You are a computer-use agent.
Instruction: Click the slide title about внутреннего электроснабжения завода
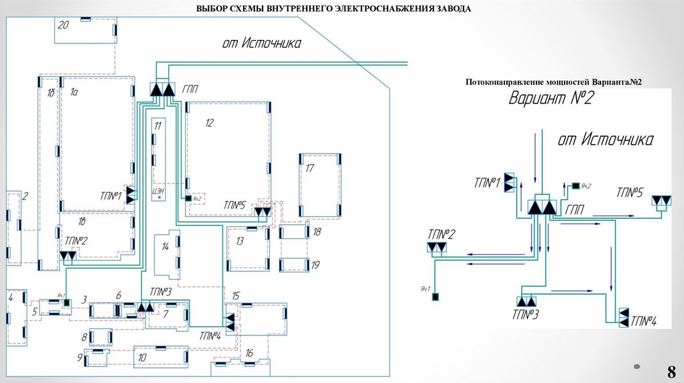pos(333,9)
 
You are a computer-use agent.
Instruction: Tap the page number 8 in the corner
pos(671,372)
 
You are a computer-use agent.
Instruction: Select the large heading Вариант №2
pos(552,99)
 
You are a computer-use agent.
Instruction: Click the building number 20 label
pos(63,25)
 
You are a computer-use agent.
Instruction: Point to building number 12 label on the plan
pos(209,123)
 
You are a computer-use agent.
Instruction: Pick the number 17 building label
pos(309,167)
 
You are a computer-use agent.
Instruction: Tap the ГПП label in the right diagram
pos(574,210)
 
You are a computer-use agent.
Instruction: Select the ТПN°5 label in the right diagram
pos(630,192)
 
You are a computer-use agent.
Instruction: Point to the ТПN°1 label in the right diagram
pos(487,182)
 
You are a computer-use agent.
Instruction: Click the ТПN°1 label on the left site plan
pos(110,196)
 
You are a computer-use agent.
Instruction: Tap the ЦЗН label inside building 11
pos(158,191)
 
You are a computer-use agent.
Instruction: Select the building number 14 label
pos(165,246)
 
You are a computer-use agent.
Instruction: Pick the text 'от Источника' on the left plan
pos(261,43)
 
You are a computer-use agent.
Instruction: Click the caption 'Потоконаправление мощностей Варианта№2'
pos(553,81)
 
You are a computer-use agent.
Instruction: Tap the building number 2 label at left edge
pos(25,196)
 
